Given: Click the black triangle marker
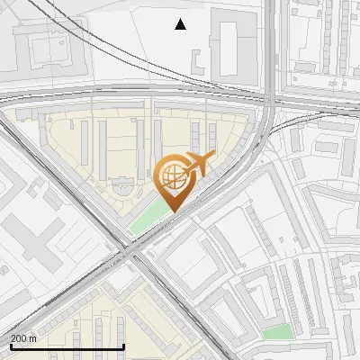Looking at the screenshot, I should point(180,24).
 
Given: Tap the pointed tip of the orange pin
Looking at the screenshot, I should point(171,211).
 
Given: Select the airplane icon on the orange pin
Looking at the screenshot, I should point(197,164).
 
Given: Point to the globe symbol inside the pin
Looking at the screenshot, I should point(171,178).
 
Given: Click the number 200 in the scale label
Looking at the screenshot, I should point(19,338).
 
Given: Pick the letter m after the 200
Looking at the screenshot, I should point(32,338).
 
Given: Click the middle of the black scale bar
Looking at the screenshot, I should point(67,346).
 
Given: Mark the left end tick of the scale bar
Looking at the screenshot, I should point(10,346).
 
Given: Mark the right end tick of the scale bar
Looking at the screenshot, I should point(123,346).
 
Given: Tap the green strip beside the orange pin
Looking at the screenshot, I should point(149,216).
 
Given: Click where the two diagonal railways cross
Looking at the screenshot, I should point(133,256).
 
